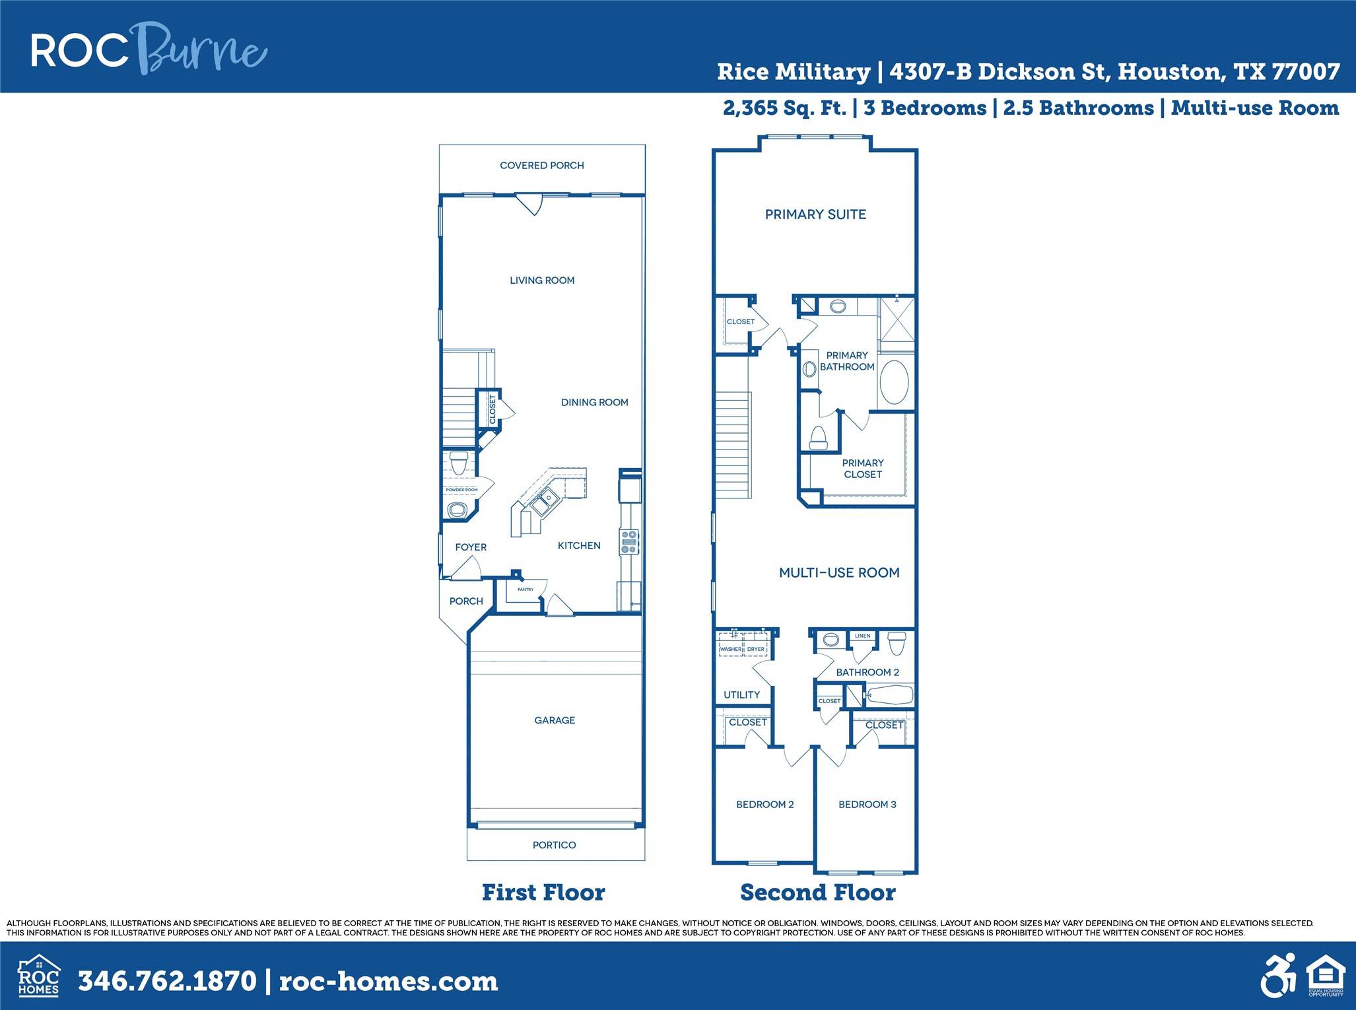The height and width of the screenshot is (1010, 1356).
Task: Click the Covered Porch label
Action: click(x=541, y=166)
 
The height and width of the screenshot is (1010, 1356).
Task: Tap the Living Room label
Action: click(x=541, y=281)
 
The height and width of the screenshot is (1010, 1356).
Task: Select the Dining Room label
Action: click(x=594, y=402)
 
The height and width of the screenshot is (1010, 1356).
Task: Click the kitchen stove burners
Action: click(x=628, y=541)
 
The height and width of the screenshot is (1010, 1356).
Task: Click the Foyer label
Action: click(x=471, y=547)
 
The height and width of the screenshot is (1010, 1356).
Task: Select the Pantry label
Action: click(x=525, y=589)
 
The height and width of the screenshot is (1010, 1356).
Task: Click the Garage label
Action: click(x=555, y=720)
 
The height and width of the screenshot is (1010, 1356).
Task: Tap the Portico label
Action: click(x=554, y=845)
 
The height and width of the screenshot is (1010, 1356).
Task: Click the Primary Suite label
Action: click(x=815, y=215)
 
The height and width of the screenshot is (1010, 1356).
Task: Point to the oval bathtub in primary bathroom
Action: click(x=895, y=382)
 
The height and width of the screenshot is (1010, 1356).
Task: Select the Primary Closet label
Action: click(x=862, y=469)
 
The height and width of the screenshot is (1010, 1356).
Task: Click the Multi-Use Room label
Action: click(x=839, y=573)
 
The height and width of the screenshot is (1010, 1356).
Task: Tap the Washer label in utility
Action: click(x=730, y=650)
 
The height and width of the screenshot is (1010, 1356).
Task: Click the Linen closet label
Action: click(x=862, y=636)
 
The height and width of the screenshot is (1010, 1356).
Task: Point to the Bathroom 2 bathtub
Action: click(x=889, y=694)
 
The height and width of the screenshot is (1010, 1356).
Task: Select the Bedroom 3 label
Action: click(x=867, y=805)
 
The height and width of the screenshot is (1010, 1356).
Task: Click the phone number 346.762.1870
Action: click(x=167, y=981)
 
